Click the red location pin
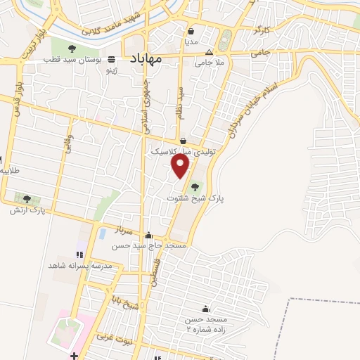coord(181,166)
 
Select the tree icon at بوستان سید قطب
coord(72,49)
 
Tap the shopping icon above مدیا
coord(191,31)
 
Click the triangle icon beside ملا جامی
coord(208,53)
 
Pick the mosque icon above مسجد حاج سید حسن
coord(148,236)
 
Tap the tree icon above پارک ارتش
coord(27,199)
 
